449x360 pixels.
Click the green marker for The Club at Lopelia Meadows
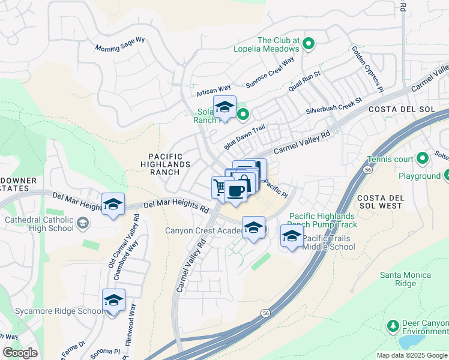coord(309,43)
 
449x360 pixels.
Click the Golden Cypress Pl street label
coord(367,67)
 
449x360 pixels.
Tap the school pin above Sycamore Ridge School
coord(113,299)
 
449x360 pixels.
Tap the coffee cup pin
coord(236,191)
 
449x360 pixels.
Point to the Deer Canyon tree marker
coord(393,326)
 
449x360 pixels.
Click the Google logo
coord(20,353)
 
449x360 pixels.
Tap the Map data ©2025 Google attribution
coord(411,355)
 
